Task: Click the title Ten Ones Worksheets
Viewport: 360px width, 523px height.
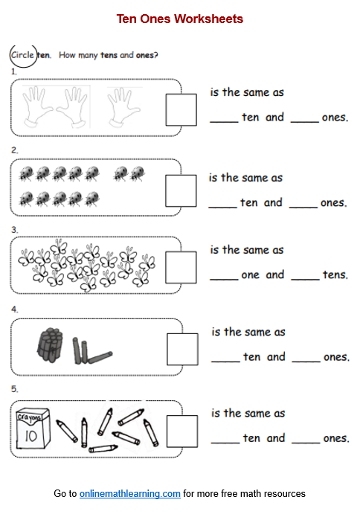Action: pyautogui.click(x=180, y=19)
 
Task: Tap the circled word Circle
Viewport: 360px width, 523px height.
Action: pyautogui.click(x=22, y=55)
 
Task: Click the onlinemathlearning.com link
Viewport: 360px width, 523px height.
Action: pyautogui.click(x=129, y=494)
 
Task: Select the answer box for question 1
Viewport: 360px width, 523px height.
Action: pyautogui.click(x=181, y=110)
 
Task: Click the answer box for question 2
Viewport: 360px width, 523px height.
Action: pyautogui.click(x=181, y=190)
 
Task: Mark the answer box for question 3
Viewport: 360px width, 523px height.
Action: pyautogui.click(x=181, y=268)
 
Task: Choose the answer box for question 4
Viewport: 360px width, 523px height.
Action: pyautogui.click(x=182, y=349)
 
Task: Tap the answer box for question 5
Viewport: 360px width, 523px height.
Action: pyautogui.click(x=182, y=431)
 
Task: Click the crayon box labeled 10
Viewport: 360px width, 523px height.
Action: pyautogui.click(x=33, y=429)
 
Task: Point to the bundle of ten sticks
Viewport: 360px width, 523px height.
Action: pyautogui.click(x=50, y=345)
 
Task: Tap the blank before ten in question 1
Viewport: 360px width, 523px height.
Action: pyautogui.click(x=224, y=122)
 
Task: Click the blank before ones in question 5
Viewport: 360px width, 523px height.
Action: pyautogui.click(x=306, y=443)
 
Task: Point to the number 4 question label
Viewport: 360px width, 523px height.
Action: pyautogui.click(x=14, y=309)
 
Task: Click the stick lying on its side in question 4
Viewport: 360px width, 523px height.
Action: pyautogui.click(x=100, y=357)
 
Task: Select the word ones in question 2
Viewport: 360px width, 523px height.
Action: pyautogui.click(x=333, y=203)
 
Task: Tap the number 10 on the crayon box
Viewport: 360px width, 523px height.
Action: pyautogui.click(x=31, y=436)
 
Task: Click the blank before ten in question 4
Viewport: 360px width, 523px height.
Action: pyautogui.click(x=225, y=362)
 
